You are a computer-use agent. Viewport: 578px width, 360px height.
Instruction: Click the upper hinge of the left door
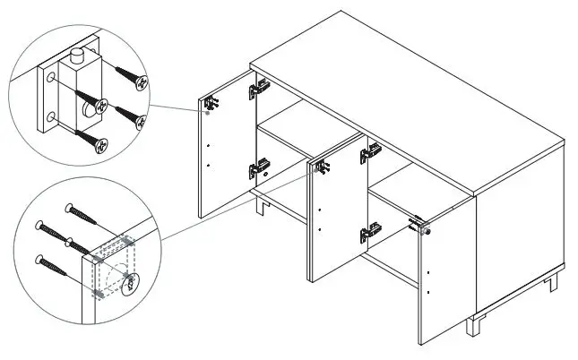point(259,88)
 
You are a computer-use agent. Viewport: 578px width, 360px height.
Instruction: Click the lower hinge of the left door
point(259,167)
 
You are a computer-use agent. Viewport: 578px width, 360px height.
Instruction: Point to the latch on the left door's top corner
point(211,104)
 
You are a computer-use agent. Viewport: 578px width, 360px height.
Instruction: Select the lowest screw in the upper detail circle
point(91,139)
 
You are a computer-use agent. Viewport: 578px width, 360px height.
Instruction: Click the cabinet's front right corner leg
point(471,325)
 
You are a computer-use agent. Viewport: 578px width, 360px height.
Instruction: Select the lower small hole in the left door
point(208,165)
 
